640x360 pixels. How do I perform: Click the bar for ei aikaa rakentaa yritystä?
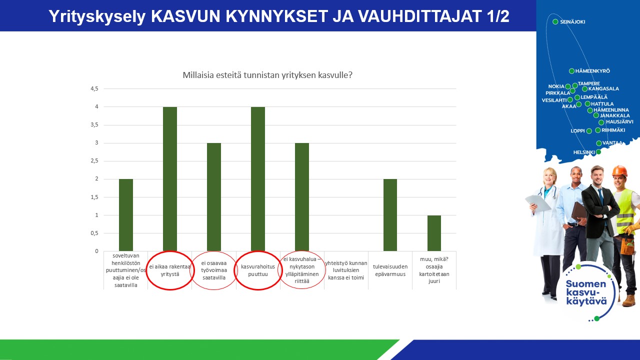click(170, 179)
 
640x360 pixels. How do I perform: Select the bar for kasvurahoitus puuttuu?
click(258, 179)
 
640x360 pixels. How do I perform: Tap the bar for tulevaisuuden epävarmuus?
click(390, 215)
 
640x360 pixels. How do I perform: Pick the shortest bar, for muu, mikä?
click(434, 233)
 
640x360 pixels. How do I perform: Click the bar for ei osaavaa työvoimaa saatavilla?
click(214, 197)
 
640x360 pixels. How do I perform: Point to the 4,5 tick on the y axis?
click(94, 89)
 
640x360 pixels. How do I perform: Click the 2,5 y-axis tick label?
click(94, 161)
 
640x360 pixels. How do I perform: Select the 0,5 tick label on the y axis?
click(94, 233)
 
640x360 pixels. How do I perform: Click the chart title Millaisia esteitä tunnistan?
click(267, 75)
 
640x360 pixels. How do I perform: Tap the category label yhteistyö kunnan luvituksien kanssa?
click(346, 270)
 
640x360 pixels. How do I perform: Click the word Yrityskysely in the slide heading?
click(97, 16)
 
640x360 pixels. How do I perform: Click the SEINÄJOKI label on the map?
click(572, 21)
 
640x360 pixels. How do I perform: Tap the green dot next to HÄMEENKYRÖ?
click(571, 71)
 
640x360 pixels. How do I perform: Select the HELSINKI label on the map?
click(584, 152)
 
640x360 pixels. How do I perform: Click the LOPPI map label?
click(577, 131)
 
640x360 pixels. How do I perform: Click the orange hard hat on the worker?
click(619, 171)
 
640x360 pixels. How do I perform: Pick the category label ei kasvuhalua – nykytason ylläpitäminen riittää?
click(302, 270)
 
